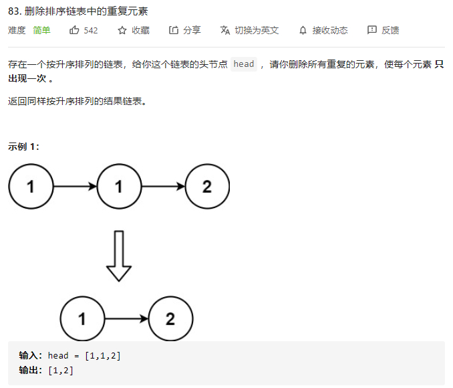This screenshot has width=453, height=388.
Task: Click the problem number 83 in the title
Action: coord(14,11)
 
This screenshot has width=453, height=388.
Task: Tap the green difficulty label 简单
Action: coord(41,30)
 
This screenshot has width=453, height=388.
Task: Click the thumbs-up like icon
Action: coord(74,30)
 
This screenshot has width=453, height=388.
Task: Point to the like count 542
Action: coord(91,30)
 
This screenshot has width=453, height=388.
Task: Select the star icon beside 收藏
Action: coord(122,30)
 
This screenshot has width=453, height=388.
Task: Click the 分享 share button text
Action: coord(192,30)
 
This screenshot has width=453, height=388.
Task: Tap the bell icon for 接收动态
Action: coord(303,30)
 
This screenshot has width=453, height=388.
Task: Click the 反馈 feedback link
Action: coord(390,30)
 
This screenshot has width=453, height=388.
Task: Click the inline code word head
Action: coord(244,64)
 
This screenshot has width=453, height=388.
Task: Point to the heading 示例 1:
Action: coord(24,147)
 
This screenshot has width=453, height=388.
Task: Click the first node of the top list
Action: coord(31,187)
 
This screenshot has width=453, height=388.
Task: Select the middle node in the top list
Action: coord(119,187)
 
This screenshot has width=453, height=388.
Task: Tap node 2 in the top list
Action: coord(206,187)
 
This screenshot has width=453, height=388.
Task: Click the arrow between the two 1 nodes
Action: coord(75,187)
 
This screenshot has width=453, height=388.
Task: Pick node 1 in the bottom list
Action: coord(82,319)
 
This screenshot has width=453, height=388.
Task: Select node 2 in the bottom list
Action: coord(170,319)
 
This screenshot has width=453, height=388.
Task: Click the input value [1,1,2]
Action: coord(103,355)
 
